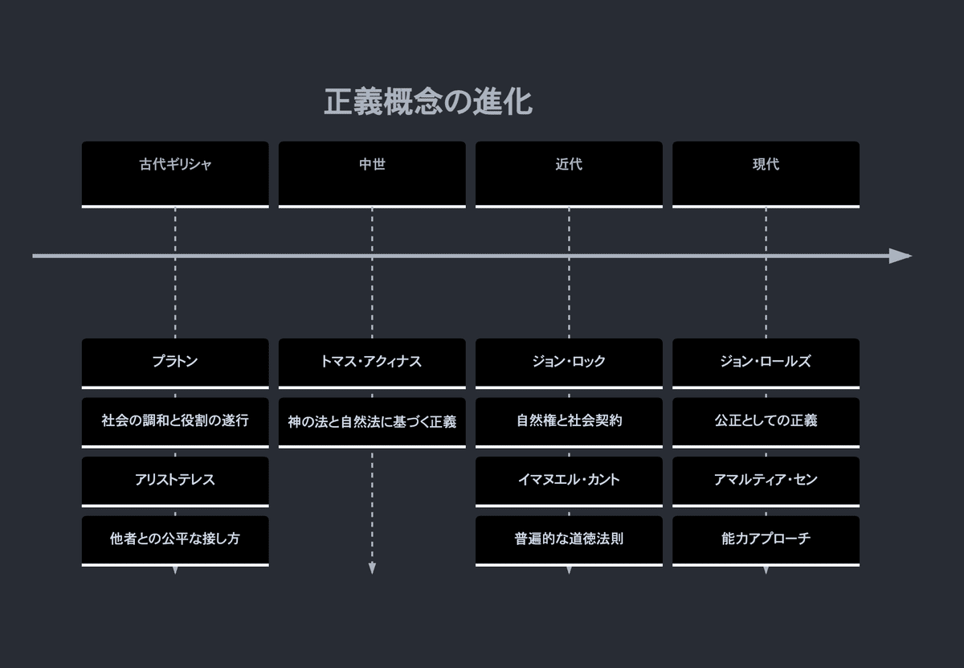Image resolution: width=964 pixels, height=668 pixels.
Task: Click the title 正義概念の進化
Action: pos(427,103)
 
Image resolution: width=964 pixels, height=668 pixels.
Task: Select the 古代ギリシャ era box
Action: pos(175,174)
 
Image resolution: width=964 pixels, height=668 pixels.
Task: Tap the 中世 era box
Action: pos(372,174)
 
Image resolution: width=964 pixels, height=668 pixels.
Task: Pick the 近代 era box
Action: pos(569,174)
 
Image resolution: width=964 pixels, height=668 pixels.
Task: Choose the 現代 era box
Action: pos(766,174)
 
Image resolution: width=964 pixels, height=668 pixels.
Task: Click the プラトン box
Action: pos(175,363)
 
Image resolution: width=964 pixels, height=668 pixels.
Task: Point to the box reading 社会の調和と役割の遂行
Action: pos(175,421)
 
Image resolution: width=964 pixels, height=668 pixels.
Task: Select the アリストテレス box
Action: pos(175,481)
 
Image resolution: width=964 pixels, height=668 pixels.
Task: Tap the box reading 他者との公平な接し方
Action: pos(175,539)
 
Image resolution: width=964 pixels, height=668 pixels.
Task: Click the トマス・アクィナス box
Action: pos(372,363)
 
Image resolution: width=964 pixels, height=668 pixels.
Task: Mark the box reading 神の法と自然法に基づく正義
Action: pos(372,421)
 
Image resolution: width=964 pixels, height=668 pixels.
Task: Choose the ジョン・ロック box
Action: pos(569,363)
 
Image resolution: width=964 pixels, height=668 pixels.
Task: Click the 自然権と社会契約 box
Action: pos(569,421)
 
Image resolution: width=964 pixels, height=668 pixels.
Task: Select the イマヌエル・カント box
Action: pos(569,481)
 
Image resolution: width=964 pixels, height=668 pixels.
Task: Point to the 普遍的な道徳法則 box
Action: pos(569,539)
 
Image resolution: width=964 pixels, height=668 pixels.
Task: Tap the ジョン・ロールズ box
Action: pos(766,363)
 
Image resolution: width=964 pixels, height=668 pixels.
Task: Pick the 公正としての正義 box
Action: pos(766,421)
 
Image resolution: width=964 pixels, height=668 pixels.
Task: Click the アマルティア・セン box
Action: pos(766,481)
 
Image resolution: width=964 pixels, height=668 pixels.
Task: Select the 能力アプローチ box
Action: pos(766,539)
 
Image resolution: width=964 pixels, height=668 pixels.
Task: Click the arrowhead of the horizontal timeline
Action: pos(901,256)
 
